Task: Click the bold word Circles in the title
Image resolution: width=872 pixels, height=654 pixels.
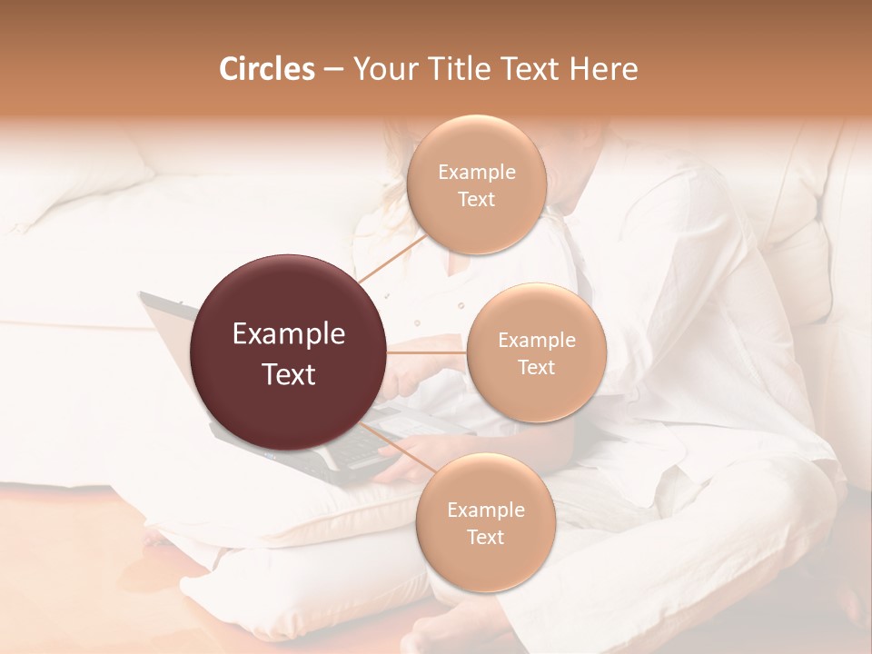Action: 266,69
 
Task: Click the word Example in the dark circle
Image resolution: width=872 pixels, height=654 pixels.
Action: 289,334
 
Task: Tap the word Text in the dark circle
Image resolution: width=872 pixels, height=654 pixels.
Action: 289,374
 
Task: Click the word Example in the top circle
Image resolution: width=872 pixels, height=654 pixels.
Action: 476,173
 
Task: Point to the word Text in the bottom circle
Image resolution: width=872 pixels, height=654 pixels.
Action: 485,537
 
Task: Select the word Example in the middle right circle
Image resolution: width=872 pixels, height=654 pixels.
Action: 536,341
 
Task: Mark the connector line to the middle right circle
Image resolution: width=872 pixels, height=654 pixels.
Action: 427,352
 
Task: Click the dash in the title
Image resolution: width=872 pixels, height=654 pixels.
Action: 332,70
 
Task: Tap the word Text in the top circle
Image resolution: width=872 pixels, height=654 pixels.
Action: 476,200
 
